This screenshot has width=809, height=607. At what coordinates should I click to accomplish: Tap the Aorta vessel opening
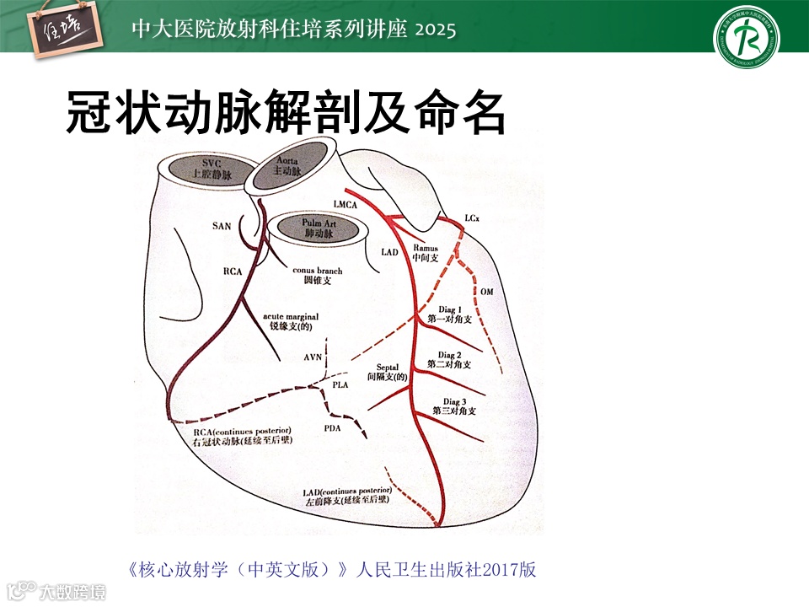click(293, 166)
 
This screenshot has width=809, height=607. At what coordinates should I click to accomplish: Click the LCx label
click(473, 218)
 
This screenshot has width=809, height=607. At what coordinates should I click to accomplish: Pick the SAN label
click(222, 226)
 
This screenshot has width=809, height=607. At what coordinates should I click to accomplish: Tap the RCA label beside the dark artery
click(233, 271)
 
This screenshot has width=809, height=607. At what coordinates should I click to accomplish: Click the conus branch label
click(318, 270)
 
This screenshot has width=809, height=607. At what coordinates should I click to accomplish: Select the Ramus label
click(426, 249)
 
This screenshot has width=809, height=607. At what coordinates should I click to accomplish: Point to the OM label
click(487, 291)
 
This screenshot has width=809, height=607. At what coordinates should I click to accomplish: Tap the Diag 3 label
click(453, 401)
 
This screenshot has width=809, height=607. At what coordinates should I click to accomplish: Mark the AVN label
click(313, 357)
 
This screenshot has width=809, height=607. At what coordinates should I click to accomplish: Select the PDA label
click(334, 429)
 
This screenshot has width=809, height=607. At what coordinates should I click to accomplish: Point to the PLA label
click(340, 384)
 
